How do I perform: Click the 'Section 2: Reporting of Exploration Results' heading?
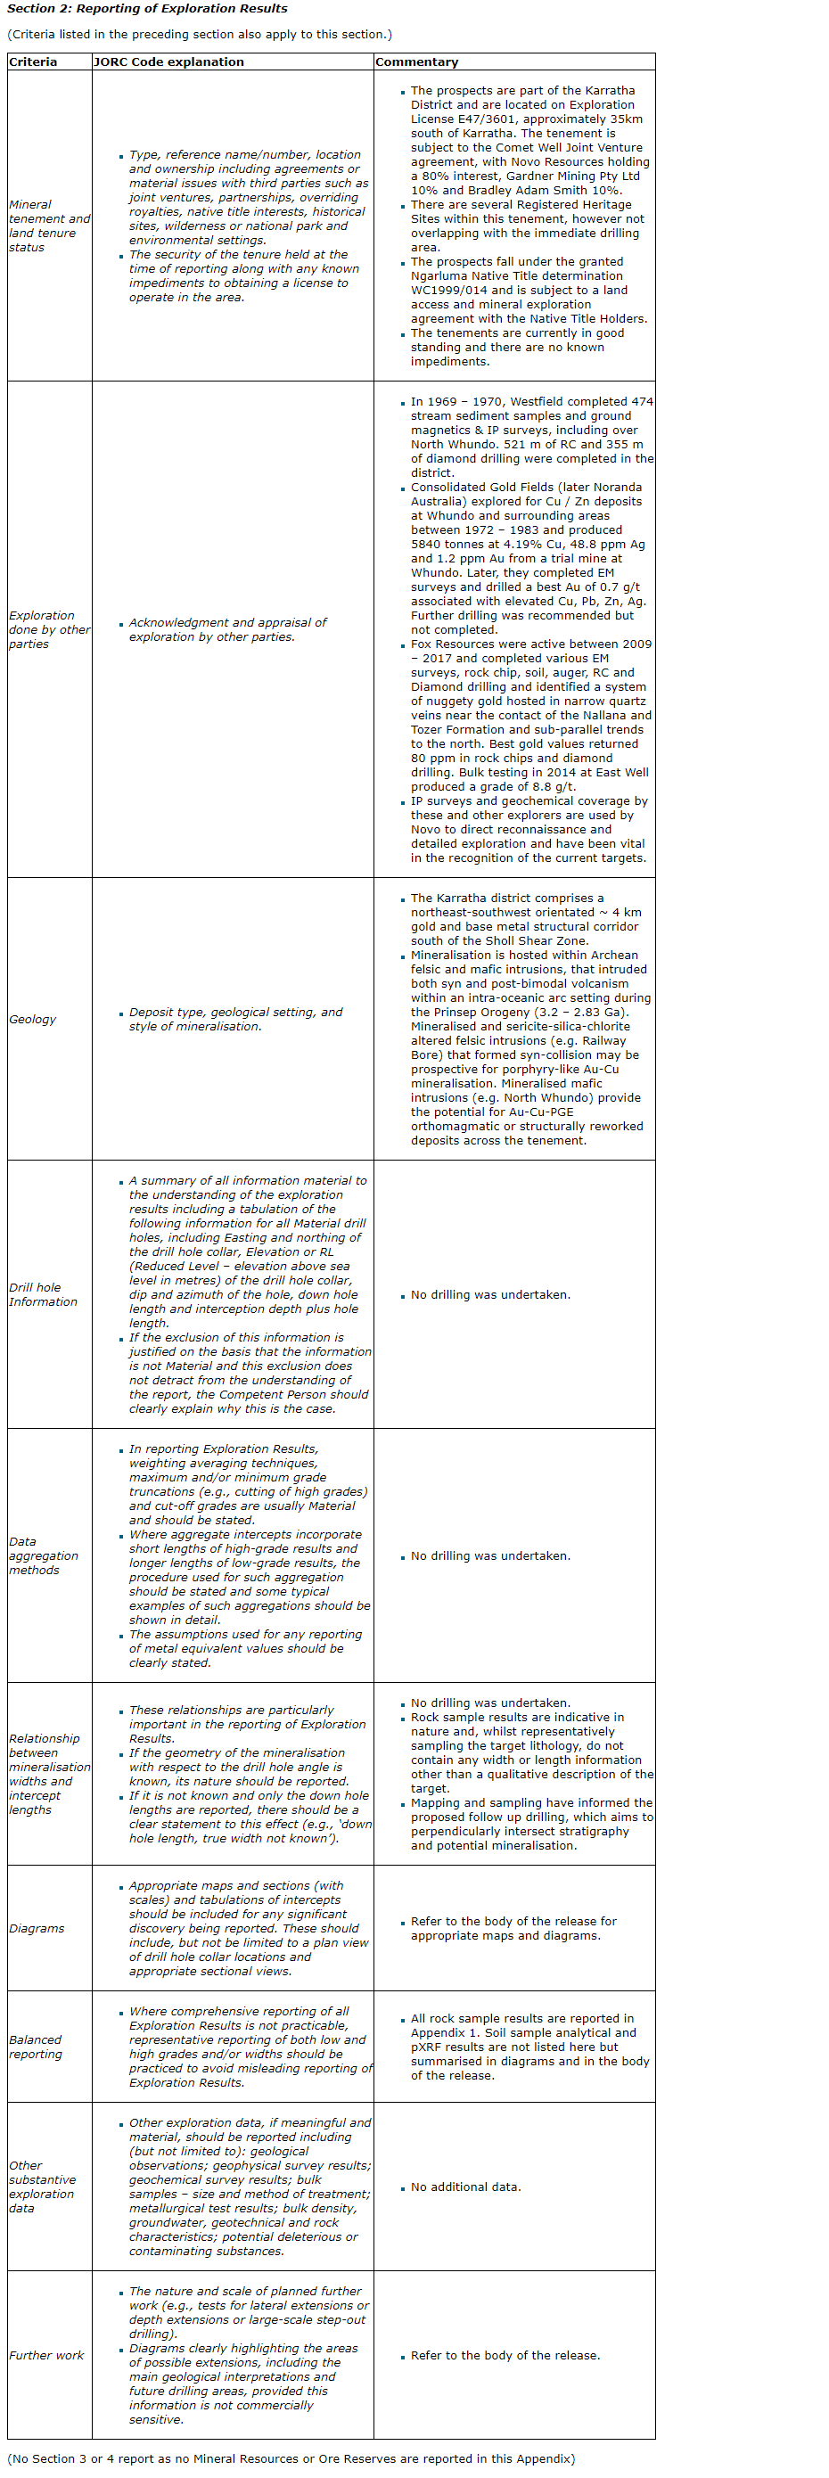(147, 9)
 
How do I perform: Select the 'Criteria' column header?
(33, 62)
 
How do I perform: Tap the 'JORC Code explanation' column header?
(168, 62)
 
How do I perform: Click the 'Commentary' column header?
(416, 62)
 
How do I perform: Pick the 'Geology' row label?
(33, 1019)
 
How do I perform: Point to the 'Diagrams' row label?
(37, 1928)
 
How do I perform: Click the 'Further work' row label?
(46, 2355)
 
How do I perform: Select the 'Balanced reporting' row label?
(36, 2046)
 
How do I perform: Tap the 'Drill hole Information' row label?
(42, 1294)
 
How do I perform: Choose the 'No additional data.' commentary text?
(465, 2187)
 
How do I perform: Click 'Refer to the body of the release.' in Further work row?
(505, 2355)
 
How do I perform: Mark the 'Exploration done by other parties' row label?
(48, 629)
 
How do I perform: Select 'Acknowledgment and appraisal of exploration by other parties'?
(227, 629)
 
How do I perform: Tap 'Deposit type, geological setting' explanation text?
(234, 1019)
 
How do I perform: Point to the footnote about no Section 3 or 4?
(291, 2457)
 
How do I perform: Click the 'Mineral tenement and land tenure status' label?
(48, 226)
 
